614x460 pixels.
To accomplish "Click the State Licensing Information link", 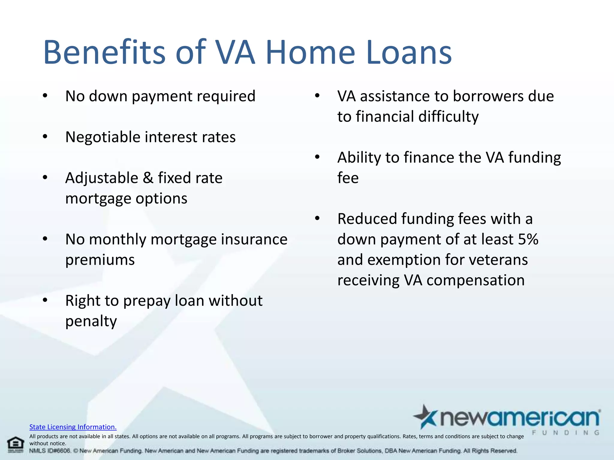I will click(x=73, y=427).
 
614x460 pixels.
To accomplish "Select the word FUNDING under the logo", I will click(x=565, y=432).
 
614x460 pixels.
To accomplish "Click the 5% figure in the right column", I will click(x=528, y=239).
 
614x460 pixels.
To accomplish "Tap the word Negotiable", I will click(x=103, y=137).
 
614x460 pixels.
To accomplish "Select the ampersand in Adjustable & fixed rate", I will click(x=148, y=178).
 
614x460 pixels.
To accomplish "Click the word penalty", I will click(x=91, y=321).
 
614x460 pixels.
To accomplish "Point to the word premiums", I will click(x=100, y=260).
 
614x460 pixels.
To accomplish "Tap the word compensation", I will click(x=475, y=280).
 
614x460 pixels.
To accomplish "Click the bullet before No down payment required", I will click(x=45, y=96).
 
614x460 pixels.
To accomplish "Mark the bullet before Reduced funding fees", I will click(x=317, y=219).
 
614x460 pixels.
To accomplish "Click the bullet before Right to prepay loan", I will click(x=45, y=300).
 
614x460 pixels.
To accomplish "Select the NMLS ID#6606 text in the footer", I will click(x=50, y=451).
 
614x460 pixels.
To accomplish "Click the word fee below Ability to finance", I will click(x=348, y=178).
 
